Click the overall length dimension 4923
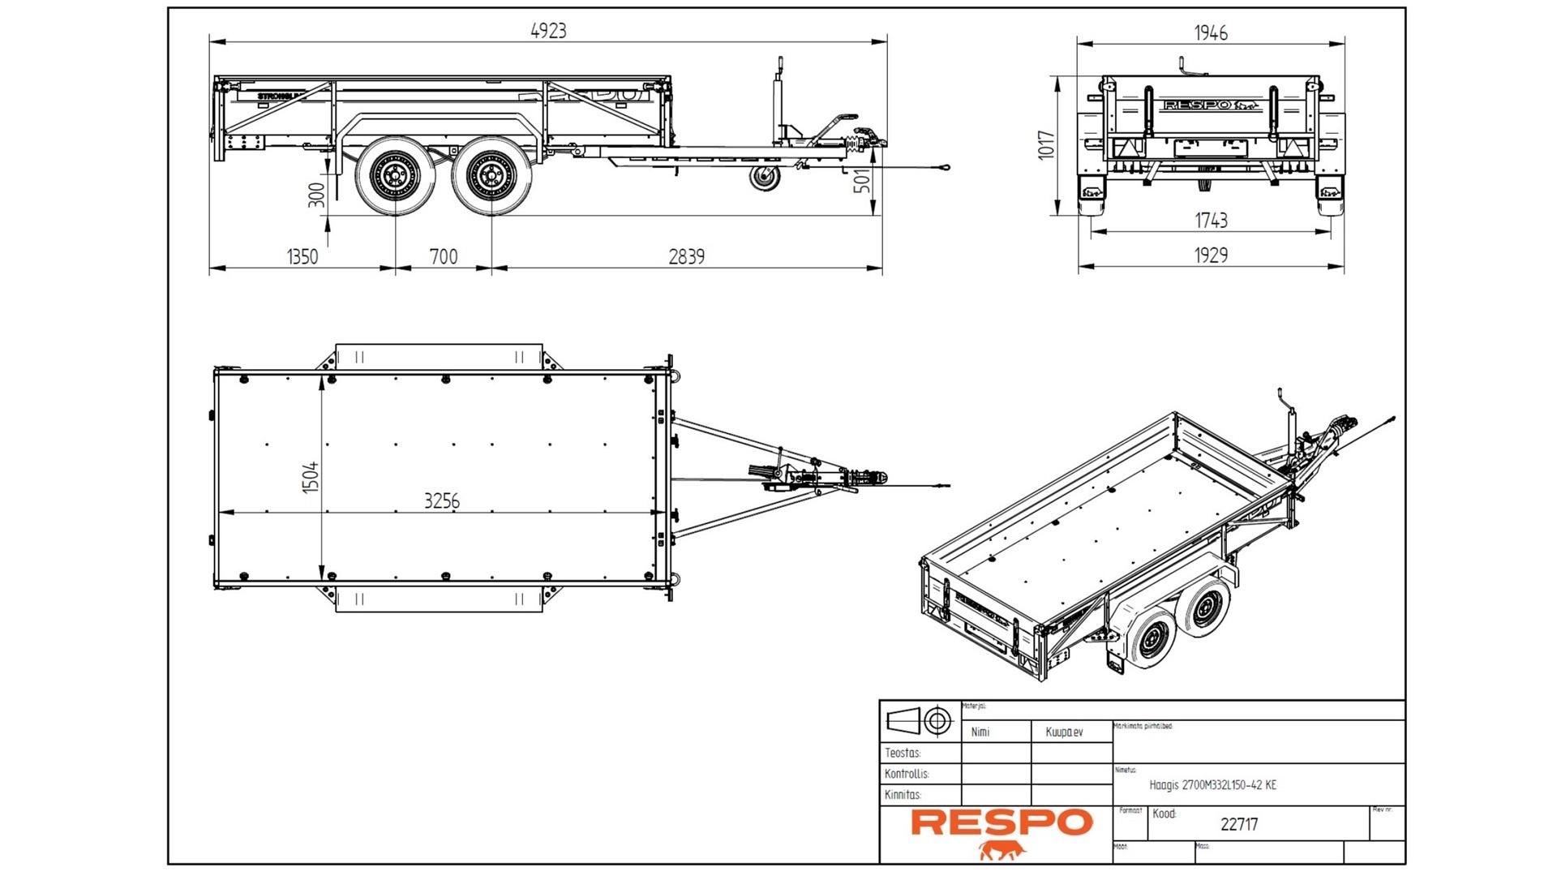(x=548, y=32)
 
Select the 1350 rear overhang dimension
(x=302, y=257)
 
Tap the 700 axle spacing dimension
(x=444, y=257)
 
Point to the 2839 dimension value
(x=686, y=257)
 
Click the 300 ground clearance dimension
(x=317, y=195)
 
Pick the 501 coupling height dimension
(x=864, y=180)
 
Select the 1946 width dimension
(x=1211, y=33)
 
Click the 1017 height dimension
(x=1047, y=145)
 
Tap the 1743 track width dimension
(x=1211, y=221)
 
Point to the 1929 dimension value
(x=1211, y=255)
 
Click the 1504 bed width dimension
(x=311, y=478)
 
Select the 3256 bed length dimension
(x=442, y=501)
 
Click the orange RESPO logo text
(x=1002, y=822)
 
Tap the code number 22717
(x=1239, y=825)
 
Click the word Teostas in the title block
(x=903, y=754)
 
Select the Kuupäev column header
(x=1064, y=732)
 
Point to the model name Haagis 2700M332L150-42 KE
(x=1212, y=785)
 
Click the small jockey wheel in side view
(x=764, y=178)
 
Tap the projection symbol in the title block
(x=920, y=720)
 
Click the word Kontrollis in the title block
(x=907, y=774)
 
